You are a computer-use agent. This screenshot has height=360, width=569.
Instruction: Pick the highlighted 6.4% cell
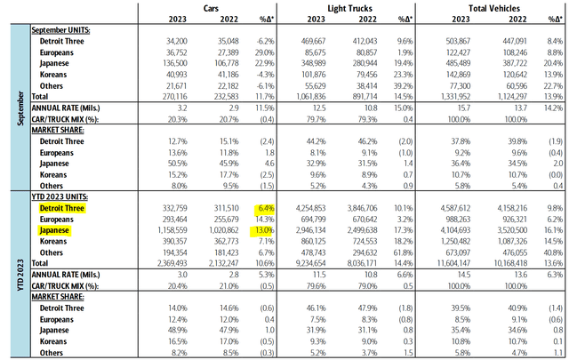pyautogui.click(x=262, y=207)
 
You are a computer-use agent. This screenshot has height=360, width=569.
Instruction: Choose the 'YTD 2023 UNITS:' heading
pyautogui.click(x=64, y=196)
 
